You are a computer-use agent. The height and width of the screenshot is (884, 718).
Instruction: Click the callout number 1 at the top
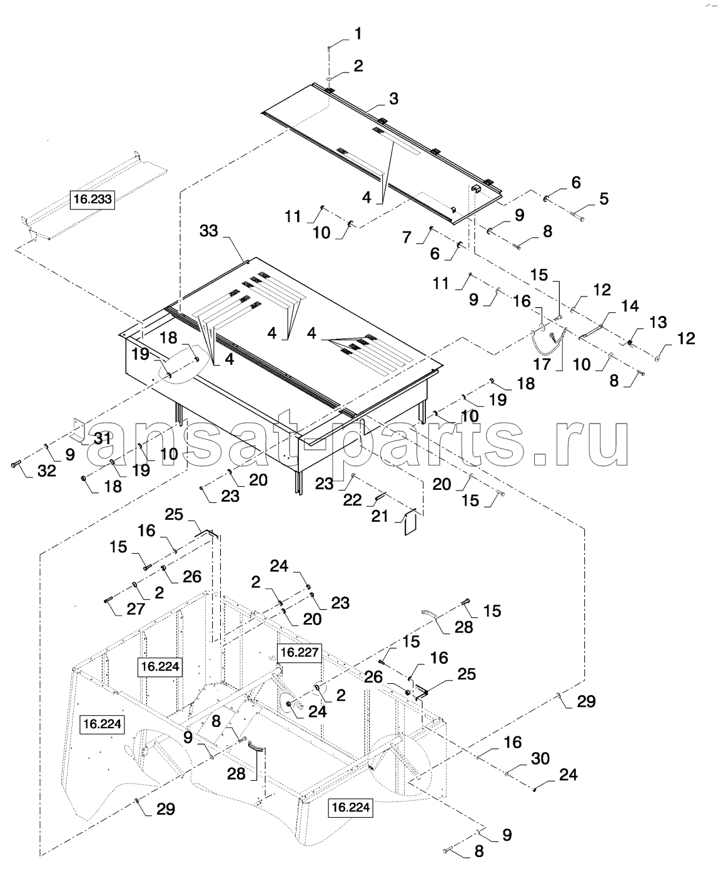tap(358, 34)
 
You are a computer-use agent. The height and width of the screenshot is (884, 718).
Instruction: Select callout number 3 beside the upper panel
tap(393, 98)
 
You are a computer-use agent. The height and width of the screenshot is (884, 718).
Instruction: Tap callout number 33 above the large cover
tap(209, 231)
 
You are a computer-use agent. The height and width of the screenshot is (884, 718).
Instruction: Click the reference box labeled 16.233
tap(93, 200)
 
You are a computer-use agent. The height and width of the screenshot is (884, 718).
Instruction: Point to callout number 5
tap(604, 198)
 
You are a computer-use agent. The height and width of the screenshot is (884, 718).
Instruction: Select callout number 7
tap(407, 237)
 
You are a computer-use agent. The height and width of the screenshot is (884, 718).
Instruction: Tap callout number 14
tap(630, 306)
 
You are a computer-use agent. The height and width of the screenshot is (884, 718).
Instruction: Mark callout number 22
tap(352, 500)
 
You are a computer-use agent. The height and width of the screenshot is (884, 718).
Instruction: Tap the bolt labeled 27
tap(109, 600)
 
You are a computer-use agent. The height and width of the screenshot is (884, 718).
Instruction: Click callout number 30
tap(540, 758)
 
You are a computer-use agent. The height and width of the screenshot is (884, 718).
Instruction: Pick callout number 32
tap(46, 470)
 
